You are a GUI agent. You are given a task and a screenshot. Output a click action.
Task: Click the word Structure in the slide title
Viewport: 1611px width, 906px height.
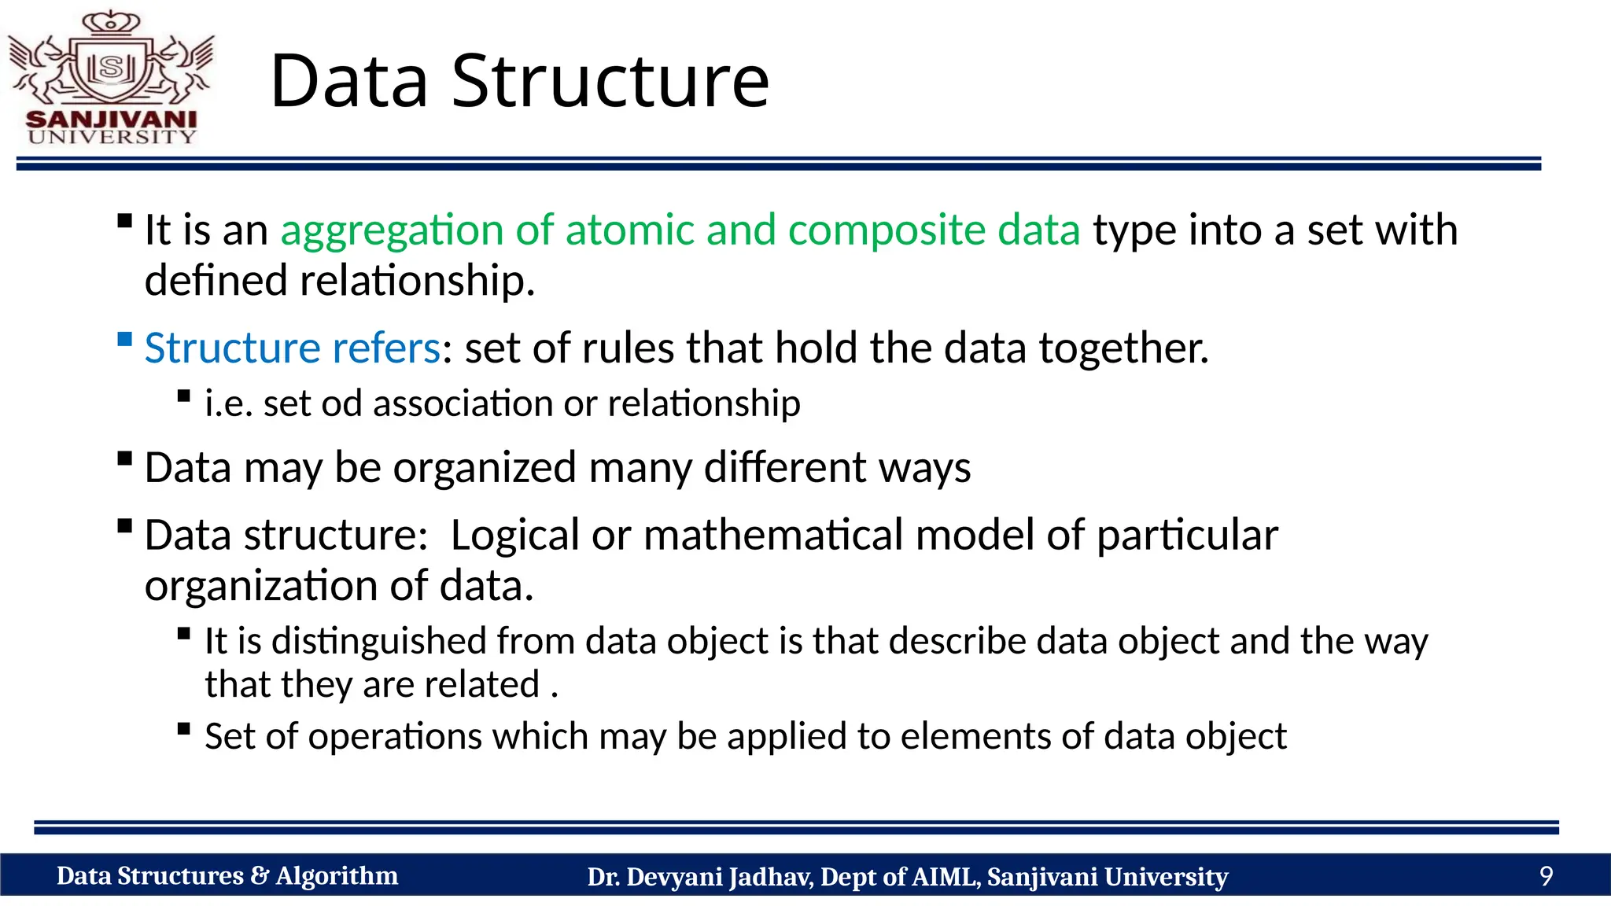pyautogui.click(x=610, y=81)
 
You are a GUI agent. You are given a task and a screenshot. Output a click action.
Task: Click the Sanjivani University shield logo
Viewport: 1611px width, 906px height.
pyautogui.click(x=112, y=67)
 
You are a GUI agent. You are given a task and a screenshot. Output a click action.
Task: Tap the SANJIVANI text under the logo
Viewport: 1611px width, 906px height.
pyautogui.click(x=111, y=120)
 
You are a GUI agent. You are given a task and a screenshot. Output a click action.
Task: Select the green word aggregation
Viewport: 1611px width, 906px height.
pyautogui.click(x=393, y=231)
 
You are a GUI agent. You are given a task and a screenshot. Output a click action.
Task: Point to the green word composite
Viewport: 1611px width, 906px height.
pyautogui.click(x=887, y=231)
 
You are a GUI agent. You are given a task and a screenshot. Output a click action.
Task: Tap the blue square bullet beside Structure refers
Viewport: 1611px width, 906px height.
pyautogui.click(x=124, y=340)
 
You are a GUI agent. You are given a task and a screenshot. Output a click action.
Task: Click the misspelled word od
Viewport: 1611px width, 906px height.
pyautogui.click(x=341, y=403)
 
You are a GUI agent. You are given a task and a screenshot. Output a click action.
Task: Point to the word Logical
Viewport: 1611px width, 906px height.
pyautogui.click(x=514, y=536)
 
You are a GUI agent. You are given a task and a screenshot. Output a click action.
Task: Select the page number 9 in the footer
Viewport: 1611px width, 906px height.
pyautogui.click(x=1546, y=876)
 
